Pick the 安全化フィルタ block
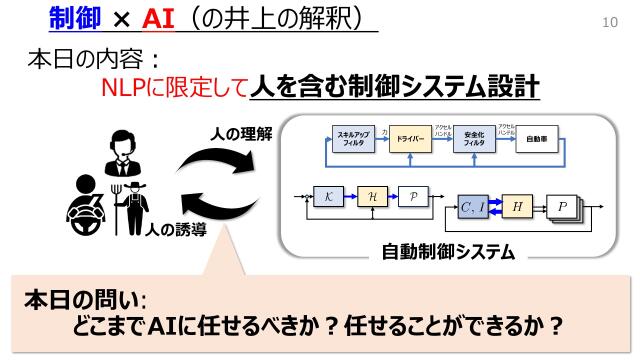pos(474,140)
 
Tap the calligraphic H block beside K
pos(371,197)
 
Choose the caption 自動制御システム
pos(448,251)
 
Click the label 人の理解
pos(242,132)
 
